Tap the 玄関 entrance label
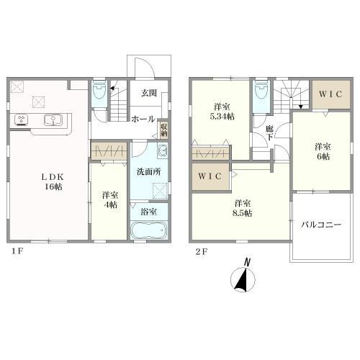pos(149,93)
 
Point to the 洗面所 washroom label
pos(148,173)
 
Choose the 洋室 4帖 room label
pos(109,199)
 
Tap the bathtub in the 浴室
pos(149,232)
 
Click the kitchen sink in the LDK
pos(52,120)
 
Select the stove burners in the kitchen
pos(22,120)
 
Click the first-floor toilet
pos(100,91)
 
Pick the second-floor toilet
pos(260,92)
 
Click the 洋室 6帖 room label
pos(320,150)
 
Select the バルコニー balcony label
pos(321,224)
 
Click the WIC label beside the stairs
pos(331,94)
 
